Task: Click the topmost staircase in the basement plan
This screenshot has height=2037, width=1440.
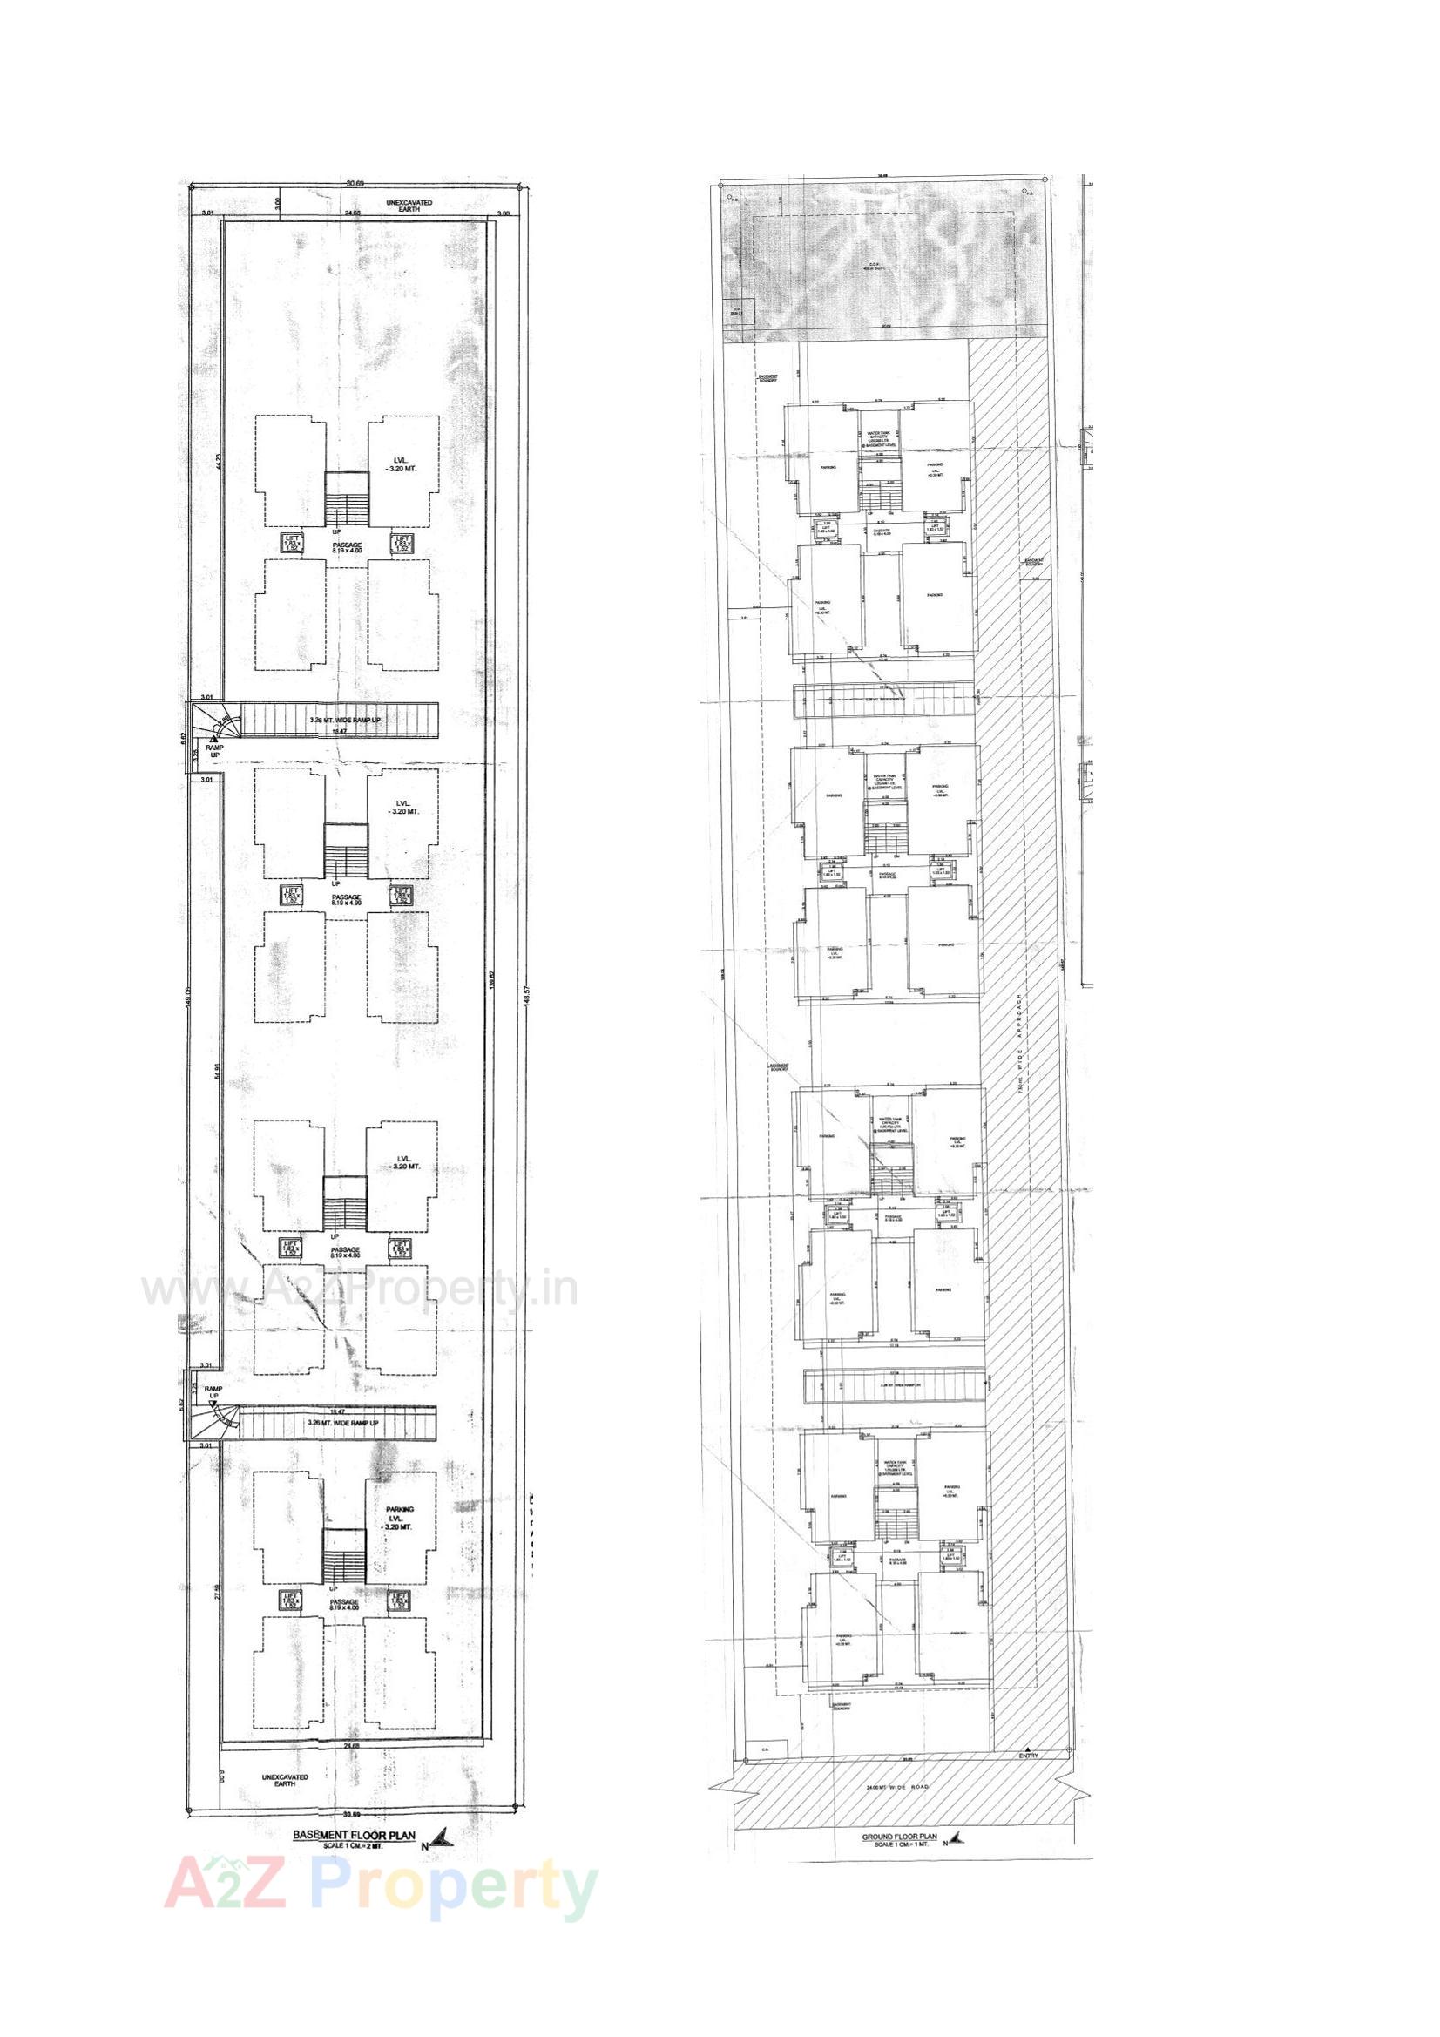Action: coord(347,498)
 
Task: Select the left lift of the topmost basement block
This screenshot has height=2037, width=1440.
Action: coord(290,544)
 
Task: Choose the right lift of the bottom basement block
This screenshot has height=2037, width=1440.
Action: coord(400,1600)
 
